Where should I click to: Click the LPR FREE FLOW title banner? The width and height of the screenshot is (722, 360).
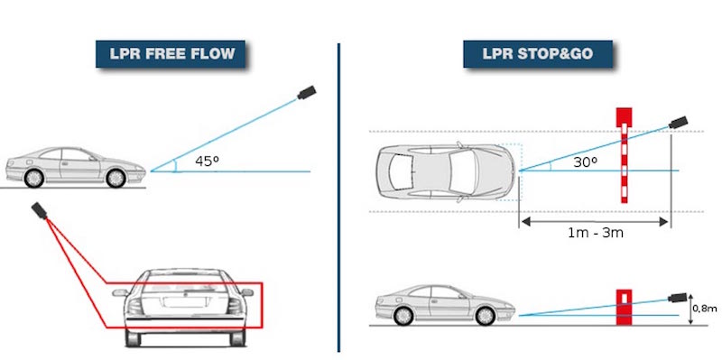(x=171, y=54)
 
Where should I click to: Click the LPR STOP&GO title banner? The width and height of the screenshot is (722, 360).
(x=537, y=54)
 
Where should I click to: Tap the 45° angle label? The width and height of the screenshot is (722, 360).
(x=207, y=162)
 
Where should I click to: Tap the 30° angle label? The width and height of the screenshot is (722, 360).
(x=585, y=162)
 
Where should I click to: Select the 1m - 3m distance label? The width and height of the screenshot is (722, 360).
(x=596, y=233)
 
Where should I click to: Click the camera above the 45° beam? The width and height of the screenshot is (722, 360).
(x=306, y=92)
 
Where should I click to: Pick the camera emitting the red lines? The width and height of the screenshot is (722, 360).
(x=39, y=210)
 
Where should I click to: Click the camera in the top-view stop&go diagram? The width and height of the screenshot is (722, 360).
(x=678, y=122)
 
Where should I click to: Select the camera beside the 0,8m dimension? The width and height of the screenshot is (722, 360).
(x=678, y=297)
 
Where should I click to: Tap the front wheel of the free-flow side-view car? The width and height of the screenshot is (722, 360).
(x=116, y=178)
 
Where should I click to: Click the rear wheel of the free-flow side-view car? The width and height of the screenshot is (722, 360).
(x=34, y=178)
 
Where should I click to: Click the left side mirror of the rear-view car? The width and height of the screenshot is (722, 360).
(x=120, y=293)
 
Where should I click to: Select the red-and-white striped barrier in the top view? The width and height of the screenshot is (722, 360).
(x=624, y=155)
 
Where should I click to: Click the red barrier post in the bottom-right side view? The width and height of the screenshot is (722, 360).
(x=624, y=307)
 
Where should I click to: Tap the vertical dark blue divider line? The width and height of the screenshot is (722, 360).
(x=339, y=198)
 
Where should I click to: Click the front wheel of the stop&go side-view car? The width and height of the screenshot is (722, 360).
(x=485, y=316)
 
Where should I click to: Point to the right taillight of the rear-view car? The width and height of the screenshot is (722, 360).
(x=234, y=305)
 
